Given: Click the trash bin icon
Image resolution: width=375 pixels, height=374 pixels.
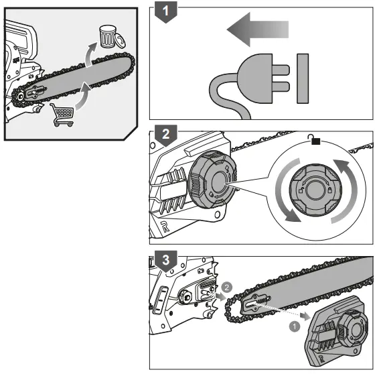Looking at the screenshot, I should pos(107,36).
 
